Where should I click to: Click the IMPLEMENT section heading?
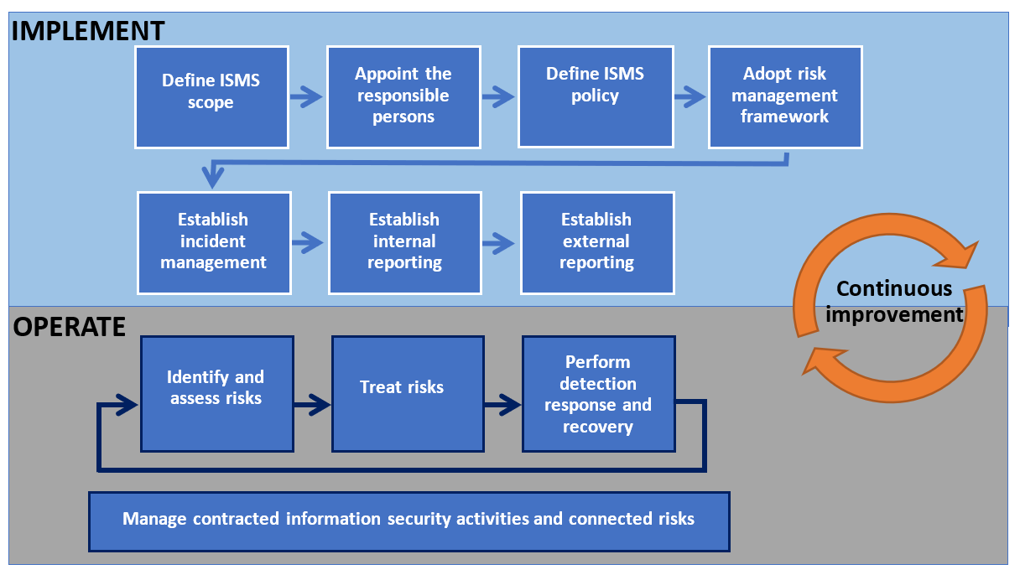click(x=88, y=30)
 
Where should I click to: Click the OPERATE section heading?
click(x=70, y=326)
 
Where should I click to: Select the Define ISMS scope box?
click(x=211, y=96)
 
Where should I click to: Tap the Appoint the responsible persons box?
click(x=403, y=96)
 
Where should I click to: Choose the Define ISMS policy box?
click(x=595, y=96)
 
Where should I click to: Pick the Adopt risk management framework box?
click(x=785, y=96)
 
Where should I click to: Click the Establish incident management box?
click(x=214, y=242)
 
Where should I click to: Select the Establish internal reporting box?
click(x=404, y=242)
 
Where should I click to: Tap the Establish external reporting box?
click(x=596, y=242)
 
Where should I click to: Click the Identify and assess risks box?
click(x=216, y=393)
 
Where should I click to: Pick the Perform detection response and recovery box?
click(x=598, y=393)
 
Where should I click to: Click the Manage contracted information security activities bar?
click(x=409, y=521)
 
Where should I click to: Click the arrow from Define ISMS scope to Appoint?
click(x=306, y=97)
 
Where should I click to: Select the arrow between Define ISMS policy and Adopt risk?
click(x=690, y=97)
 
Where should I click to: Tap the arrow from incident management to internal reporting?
click(x=308, y=243)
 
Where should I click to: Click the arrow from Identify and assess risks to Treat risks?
click(x=312, y=408)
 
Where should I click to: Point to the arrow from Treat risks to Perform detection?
click(x=503, y=408)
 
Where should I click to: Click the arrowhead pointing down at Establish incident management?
click(x=213, y=178)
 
